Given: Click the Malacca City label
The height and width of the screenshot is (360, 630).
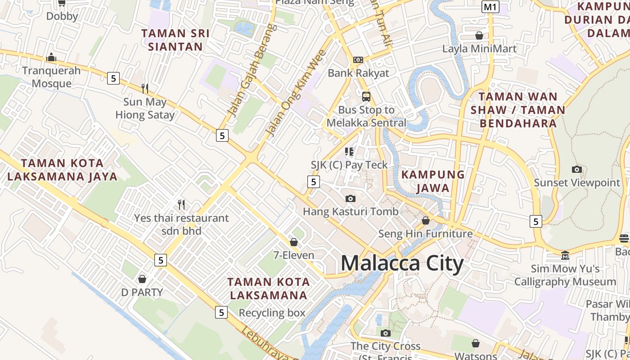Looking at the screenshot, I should tap(402, 264).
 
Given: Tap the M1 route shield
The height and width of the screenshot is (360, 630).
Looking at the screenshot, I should tap(490, 7).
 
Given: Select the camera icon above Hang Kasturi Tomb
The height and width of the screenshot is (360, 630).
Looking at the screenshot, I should tap(350, 198).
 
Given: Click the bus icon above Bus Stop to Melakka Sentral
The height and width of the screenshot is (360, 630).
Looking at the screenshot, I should tap(366, 96).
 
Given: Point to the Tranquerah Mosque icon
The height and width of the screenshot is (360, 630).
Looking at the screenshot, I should tap(51, 58).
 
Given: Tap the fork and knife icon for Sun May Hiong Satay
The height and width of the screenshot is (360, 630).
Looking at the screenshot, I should tap(145, 88).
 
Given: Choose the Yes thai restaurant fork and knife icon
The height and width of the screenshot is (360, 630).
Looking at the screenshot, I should tap(181, 205).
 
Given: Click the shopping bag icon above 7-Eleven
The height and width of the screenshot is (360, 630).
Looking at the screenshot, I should tap(294, 243).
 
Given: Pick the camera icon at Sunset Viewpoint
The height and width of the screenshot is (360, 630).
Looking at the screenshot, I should tap(576, 170).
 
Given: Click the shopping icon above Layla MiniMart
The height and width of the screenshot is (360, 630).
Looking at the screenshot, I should tap(479, 36).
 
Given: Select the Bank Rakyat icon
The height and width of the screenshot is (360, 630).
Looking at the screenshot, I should tap(358, 60).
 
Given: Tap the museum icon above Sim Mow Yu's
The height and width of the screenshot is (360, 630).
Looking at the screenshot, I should tap(565, 256).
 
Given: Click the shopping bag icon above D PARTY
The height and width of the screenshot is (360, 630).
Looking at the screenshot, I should tap(142, 279).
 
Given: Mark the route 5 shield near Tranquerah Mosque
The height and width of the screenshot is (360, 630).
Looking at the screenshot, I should tap(113, 78).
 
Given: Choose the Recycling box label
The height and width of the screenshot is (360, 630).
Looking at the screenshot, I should tap(272, 313).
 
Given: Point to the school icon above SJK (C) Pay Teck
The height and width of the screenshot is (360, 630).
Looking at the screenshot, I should tap(349, 152).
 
